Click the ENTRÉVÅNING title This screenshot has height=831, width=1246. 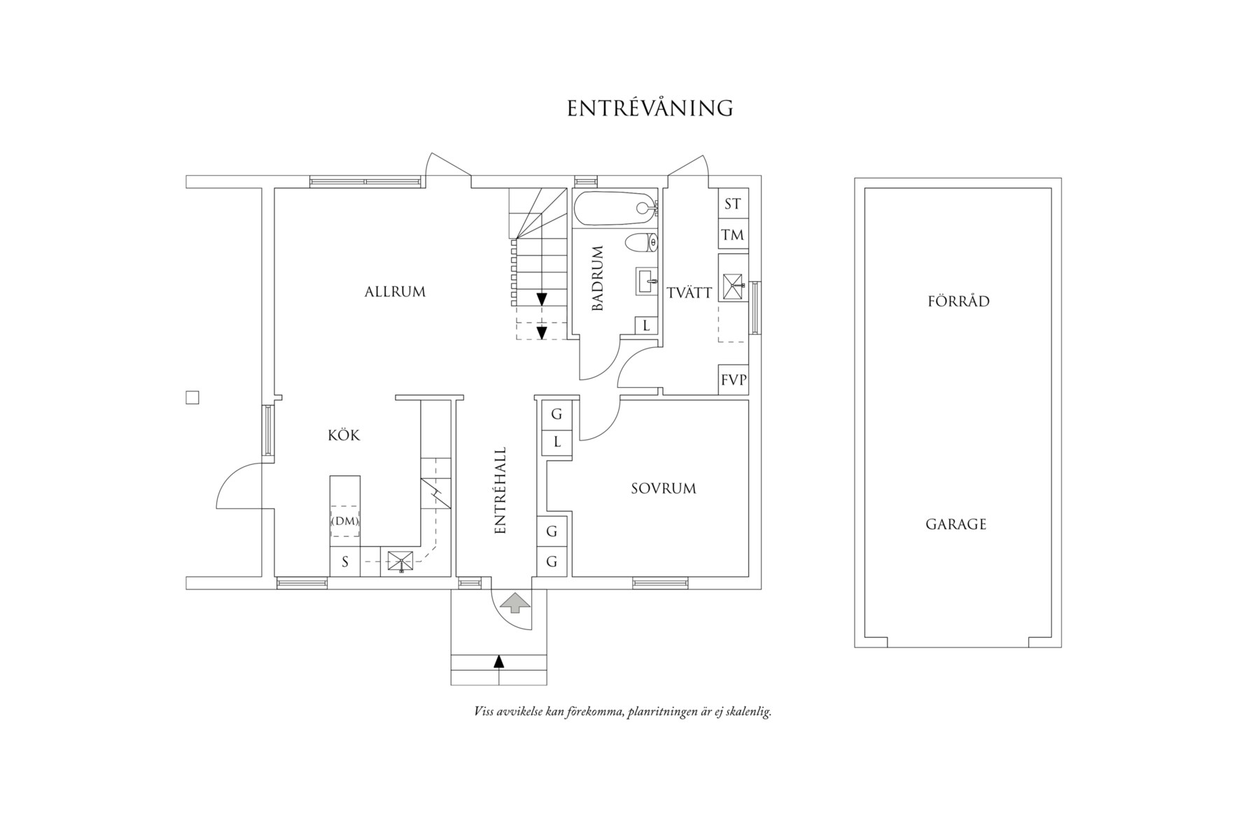point(650,108)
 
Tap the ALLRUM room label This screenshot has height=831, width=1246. point(395,292)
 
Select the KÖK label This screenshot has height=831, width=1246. point(344,435)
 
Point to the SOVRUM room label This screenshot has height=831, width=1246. point(664,489)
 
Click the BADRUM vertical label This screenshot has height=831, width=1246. point(597,279)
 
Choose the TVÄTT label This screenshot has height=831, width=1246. point(689,293)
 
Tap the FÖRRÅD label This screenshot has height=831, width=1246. point(958,302)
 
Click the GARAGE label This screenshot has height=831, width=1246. point(955,524)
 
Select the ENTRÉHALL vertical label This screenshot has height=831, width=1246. point(500,491)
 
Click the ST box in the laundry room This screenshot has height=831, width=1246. point(734,204)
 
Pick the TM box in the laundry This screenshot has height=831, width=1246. point(734,235)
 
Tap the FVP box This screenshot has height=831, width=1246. point(734,380)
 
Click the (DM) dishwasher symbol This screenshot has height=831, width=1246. point(344,521)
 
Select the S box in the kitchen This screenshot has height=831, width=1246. point(345,561)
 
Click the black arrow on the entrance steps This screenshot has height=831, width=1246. point(498,661)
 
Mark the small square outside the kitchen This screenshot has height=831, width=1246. point(192,398)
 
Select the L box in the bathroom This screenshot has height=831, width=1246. point(646,326)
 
